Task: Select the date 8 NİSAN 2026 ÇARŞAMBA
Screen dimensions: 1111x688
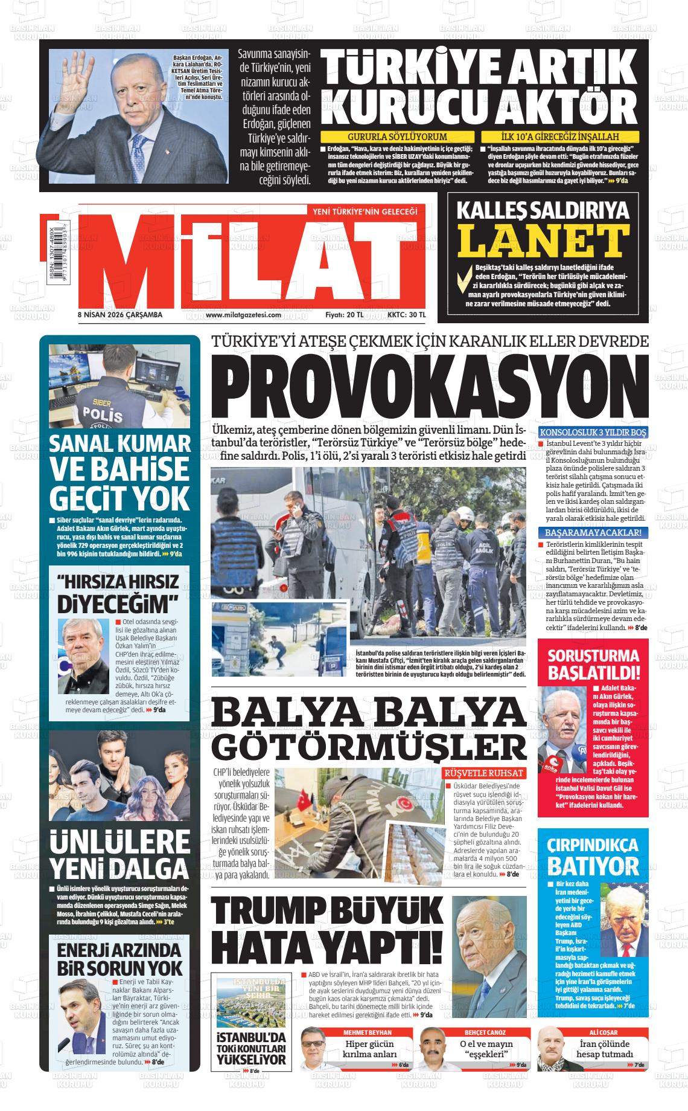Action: pyautogui.click(x=120, y=314)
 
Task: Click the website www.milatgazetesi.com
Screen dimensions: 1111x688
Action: pyautogui.click(x=244, y=314)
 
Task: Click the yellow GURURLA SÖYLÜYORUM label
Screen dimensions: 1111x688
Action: pyautogui.click(x=397, y=137)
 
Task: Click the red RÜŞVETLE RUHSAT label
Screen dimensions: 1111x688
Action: pyautogui.click(x=485, y=773)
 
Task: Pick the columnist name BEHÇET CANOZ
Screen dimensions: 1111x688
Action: pyautogui.click(x=485, y=1032)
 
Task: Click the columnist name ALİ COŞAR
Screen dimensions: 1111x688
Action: pyautogui.click(x=603, y=1032)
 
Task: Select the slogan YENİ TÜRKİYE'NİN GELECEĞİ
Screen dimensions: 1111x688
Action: pyautogui.click(x=363, y=211)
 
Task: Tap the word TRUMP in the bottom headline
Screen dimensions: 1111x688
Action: pyautogui.click(x=272, y=917)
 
